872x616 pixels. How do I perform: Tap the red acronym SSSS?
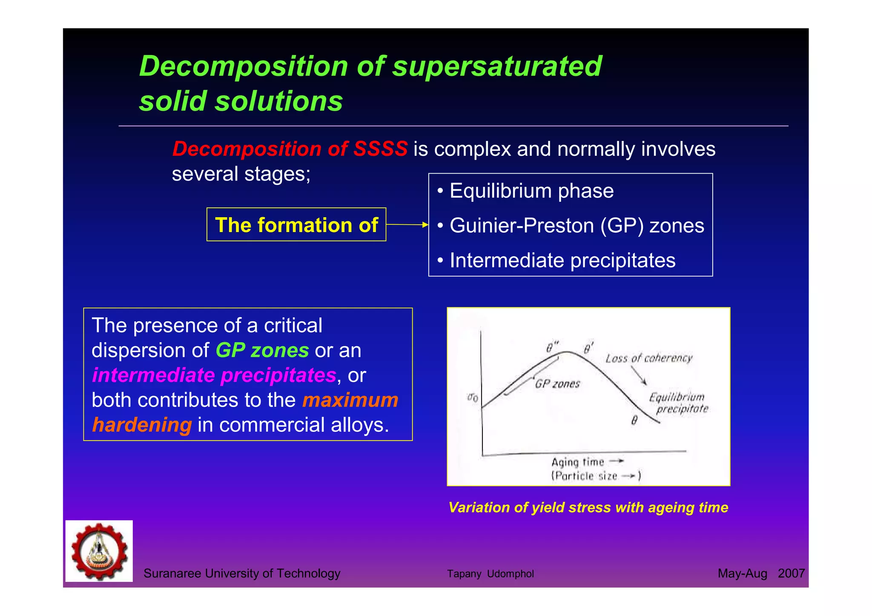click(x=380, y=149)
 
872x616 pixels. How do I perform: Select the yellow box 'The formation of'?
click(x=296, y=225)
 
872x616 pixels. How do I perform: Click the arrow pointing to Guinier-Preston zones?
click(x=407, y=224)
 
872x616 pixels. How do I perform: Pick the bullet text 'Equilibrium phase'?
click(x=531, y=191)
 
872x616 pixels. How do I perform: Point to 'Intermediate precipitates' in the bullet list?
click(x=562, y=261)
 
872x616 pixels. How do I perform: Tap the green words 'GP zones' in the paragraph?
click(x=262, y=350)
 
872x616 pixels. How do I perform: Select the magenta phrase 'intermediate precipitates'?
click(x=214, y=375)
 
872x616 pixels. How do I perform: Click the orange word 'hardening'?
click(x=142, y=425)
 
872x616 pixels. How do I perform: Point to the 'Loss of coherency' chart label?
click(x=649, y=358)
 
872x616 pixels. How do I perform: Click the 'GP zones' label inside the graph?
click(x=557, y=384)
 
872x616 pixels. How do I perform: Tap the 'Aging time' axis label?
click(x=578, y=462)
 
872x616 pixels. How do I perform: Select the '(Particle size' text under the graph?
click(x=584, y=476)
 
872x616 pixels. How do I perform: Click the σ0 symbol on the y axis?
click(x=473, y=398)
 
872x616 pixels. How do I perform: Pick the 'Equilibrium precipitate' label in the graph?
click(x=678, y=403)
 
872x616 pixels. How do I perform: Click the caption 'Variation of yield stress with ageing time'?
click(x=588, y=507)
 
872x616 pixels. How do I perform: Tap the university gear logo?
click(x=99, y=551)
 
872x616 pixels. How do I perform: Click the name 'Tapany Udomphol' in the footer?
click(x=490, y=574)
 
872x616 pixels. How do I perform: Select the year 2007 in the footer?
click(x=791, y=573)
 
